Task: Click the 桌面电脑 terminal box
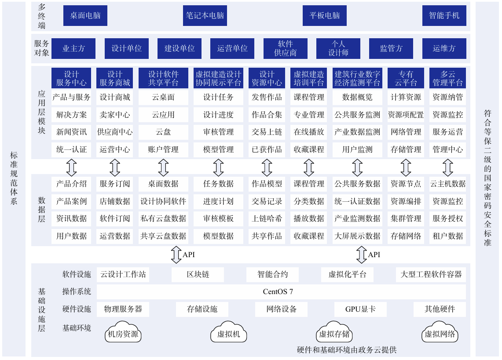click(x=85, y=15)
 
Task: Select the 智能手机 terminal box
click(x=444, y=15)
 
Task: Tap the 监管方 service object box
click(x=391, y=48)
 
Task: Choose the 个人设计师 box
click(x=338, y=48)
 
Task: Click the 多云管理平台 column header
click(x=447, y=78)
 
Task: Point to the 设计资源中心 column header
click(x=267, y=78)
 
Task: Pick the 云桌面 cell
click(x=163, y=97)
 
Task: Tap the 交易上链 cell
click(x=267, y=132)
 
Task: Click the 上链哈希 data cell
click(x=267, y=218)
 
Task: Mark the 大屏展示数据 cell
click(x=357, y=236)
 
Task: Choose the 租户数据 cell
click(x=447, y=236)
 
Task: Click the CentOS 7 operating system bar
click(x=281, y=291)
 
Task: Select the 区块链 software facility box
click(x=198, y=275)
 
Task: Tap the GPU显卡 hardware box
click(x=360, y=309)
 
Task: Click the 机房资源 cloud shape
click(x=123, y=334)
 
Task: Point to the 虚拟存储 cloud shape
click(x=334, y=334)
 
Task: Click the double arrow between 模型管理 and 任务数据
click(x=218, y=167)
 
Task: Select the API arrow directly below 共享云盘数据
click(x=176, y=255)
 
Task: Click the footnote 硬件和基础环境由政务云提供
click(x=346, y=350)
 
